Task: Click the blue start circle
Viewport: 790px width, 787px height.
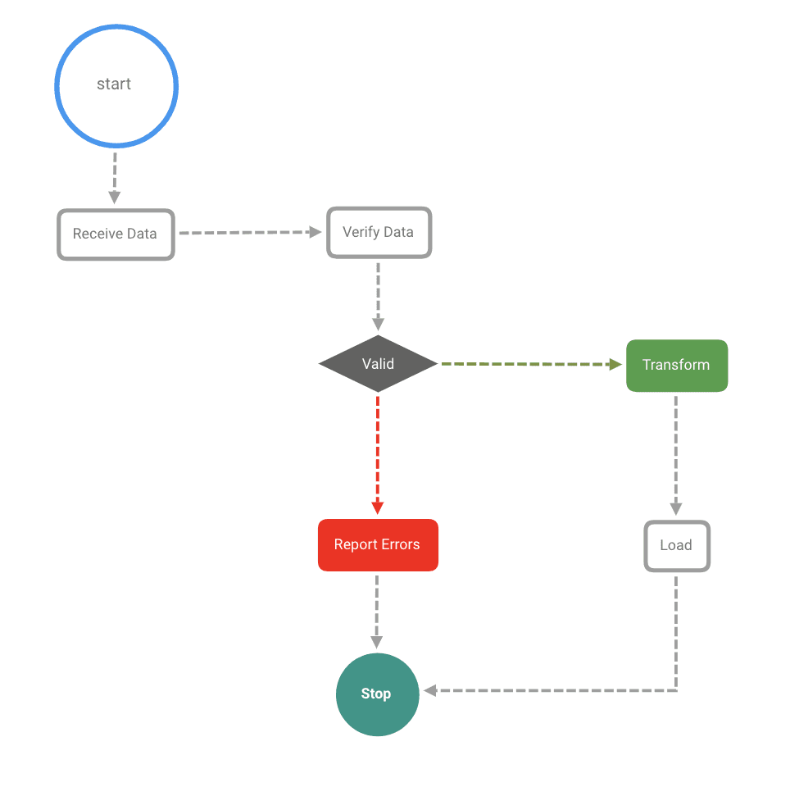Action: coord(116,86)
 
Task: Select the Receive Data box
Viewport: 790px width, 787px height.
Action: coord(116,234)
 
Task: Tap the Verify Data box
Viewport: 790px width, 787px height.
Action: coord(379,233)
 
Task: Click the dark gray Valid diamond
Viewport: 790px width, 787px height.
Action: coord(378,363)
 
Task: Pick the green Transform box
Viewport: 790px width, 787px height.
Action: coord(677,366)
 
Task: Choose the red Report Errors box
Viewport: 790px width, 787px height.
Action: coord(378,545)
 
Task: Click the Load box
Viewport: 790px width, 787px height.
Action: coord(676,546)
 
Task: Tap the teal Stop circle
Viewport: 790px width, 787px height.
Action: coord(377,694)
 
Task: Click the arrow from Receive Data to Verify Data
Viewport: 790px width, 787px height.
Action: coord(250,233)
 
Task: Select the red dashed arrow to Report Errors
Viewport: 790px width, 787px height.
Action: coord(378,455)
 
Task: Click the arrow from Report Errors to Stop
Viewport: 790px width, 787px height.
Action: coord(377,611)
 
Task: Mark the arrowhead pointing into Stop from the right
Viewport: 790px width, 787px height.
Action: coord(429,691)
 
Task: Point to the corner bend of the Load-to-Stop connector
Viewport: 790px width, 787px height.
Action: coord(676,691)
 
